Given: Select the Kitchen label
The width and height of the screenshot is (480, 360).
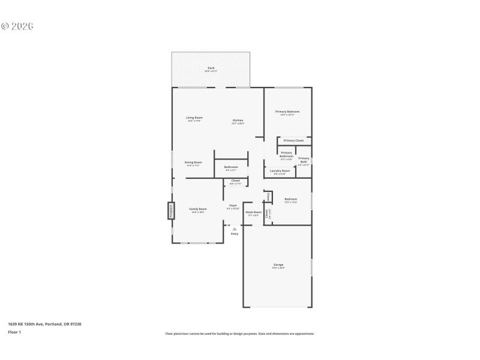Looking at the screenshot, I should pyautogui.click(x=238, y=121).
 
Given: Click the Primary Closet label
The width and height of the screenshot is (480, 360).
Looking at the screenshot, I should pyautogui.click(x=294, y=140).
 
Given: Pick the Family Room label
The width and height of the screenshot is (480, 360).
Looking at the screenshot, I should pyautogui.click(x=199, y=210).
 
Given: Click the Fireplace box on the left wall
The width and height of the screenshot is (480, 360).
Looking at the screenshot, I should pyautogui.click(x=170, y=211).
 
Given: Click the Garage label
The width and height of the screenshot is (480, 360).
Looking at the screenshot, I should pyautogui.click(x=279, y=265).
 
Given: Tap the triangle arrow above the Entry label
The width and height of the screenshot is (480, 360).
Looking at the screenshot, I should pyautogui.click(x=235, y=229).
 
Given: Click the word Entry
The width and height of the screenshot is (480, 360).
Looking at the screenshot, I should pyautogui.click(x=235, y=233).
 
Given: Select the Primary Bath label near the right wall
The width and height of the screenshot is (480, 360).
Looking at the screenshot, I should pyautogui.click(x=304, y=160).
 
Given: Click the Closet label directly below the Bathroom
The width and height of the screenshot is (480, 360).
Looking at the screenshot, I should pyautogui.click(x=235, y=181).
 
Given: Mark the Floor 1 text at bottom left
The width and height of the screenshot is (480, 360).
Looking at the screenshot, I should pyautogui.click(x=14, y=332).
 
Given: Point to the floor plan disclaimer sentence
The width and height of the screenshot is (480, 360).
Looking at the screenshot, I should pyautogui.click(x=239, y=334).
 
